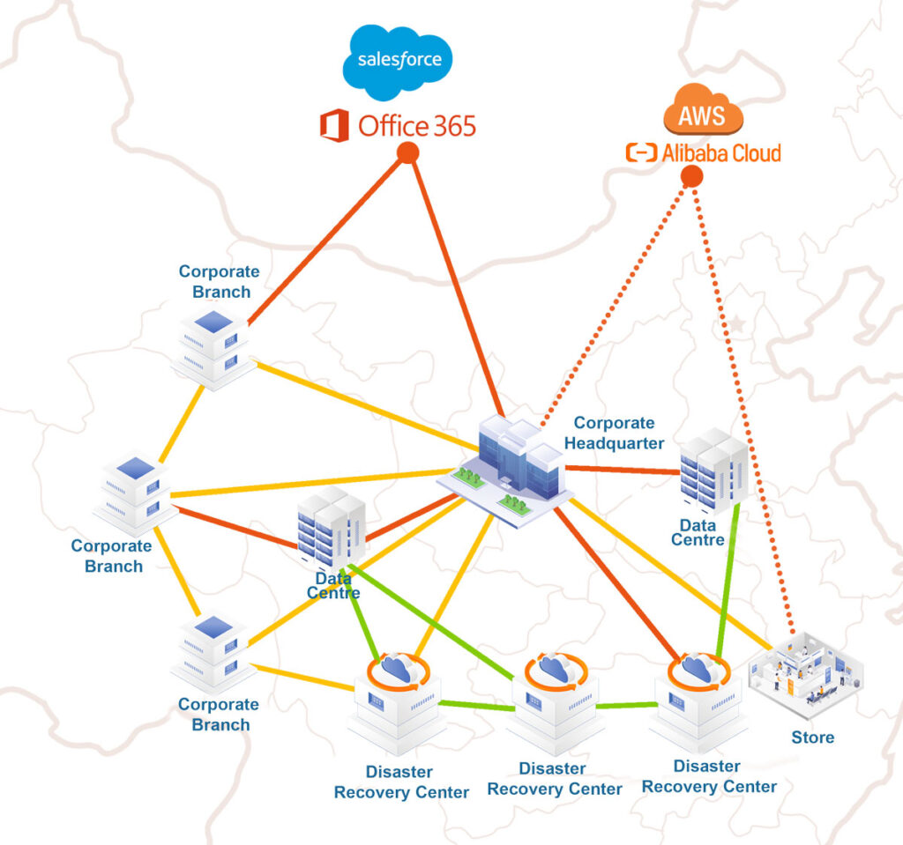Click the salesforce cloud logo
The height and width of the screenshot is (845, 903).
tap(399, 61)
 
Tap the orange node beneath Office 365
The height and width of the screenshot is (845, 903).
tap(407, 153)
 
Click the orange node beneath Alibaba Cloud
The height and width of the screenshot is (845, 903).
tap(692, 175)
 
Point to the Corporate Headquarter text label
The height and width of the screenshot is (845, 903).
tap(614, 433)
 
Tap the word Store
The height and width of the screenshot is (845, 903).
tap(812, 738)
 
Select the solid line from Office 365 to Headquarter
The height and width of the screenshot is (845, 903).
tap(454, 282)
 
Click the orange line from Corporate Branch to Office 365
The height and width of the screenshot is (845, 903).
tap(326, 238)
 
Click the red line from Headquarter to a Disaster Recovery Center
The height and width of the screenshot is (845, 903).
tap(617, 582)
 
